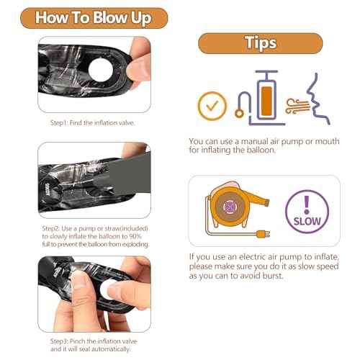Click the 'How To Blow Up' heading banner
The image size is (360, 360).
[x=94, y=18]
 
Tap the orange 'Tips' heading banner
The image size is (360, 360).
[x=261, y=43]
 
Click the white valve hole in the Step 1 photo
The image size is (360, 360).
[x=101, y=69]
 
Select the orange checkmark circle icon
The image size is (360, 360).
[x=212, y=106]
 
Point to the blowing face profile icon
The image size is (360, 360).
[x=317, y=99]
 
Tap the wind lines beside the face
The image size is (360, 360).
[x=297, y=106]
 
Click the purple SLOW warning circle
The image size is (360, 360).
[x=307, y=212]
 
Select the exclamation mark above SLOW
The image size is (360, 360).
[x=307, y=204]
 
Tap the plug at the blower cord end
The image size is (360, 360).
[x=263, y=234]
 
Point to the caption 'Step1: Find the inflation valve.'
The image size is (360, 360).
[x=93, y=123]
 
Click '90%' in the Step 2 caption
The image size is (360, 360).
[x=135, y=236]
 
